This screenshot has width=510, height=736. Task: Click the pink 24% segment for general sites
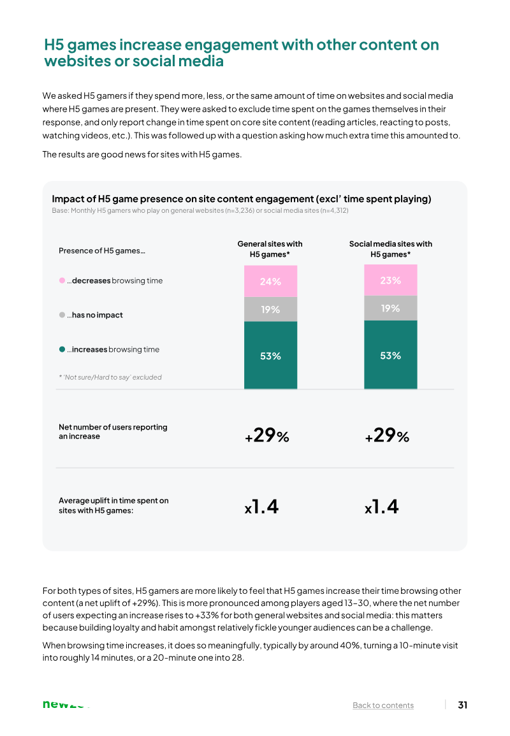(270, 281)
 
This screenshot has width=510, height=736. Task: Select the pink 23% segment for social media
(391, 280)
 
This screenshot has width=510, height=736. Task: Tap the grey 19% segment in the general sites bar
(270, 309)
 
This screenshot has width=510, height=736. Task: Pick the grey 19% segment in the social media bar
(391, 308)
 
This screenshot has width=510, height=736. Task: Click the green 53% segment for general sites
(270, 356)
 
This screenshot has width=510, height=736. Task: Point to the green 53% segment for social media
(391, 355)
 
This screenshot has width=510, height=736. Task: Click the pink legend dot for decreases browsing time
(62, 280)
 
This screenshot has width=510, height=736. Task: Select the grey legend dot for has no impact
(62, 315)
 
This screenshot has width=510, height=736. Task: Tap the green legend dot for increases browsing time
(62, 349)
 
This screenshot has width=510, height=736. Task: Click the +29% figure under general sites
(266, 436)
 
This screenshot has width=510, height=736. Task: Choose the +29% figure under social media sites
(387, 436)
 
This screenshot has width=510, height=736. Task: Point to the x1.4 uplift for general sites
(261, 507)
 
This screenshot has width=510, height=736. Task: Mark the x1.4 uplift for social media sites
(382, 507)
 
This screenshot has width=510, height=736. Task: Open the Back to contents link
(383, 705)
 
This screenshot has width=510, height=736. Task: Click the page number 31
(463, 705)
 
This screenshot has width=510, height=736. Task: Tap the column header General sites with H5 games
(270, 249)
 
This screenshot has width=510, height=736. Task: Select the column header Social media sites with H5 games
(391, 249)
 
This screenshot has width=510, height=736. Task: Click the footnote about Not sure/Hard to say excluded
(110, 377)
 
